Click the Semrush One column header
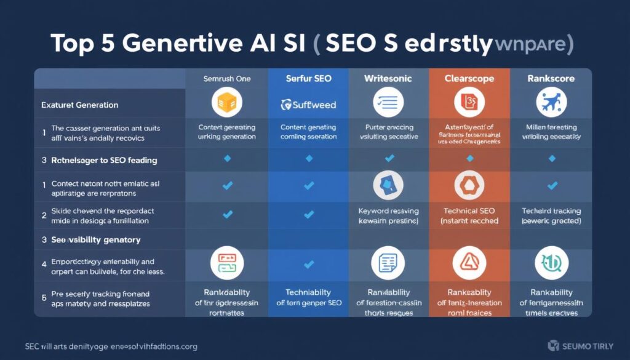(x=226, y=79)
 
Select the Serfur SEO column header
(x=308, y=79)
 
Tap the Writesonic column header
(x=388, y=79)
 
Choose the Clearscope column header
(x=470, y=79)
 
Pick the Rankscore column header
(x=551, y=79)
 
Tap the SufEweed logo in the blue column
(x=308, y=105)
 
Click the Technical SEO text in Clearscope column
(x=470, y=210)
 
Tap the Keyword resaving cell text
(x=388, y=210)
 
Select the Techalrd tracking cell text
(x=551, y=210)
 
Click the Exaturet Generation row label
(x=80, y=105)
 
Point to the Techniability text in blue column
(x=308, y=292)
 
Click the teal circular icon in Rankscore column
(x=551, y=263)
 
